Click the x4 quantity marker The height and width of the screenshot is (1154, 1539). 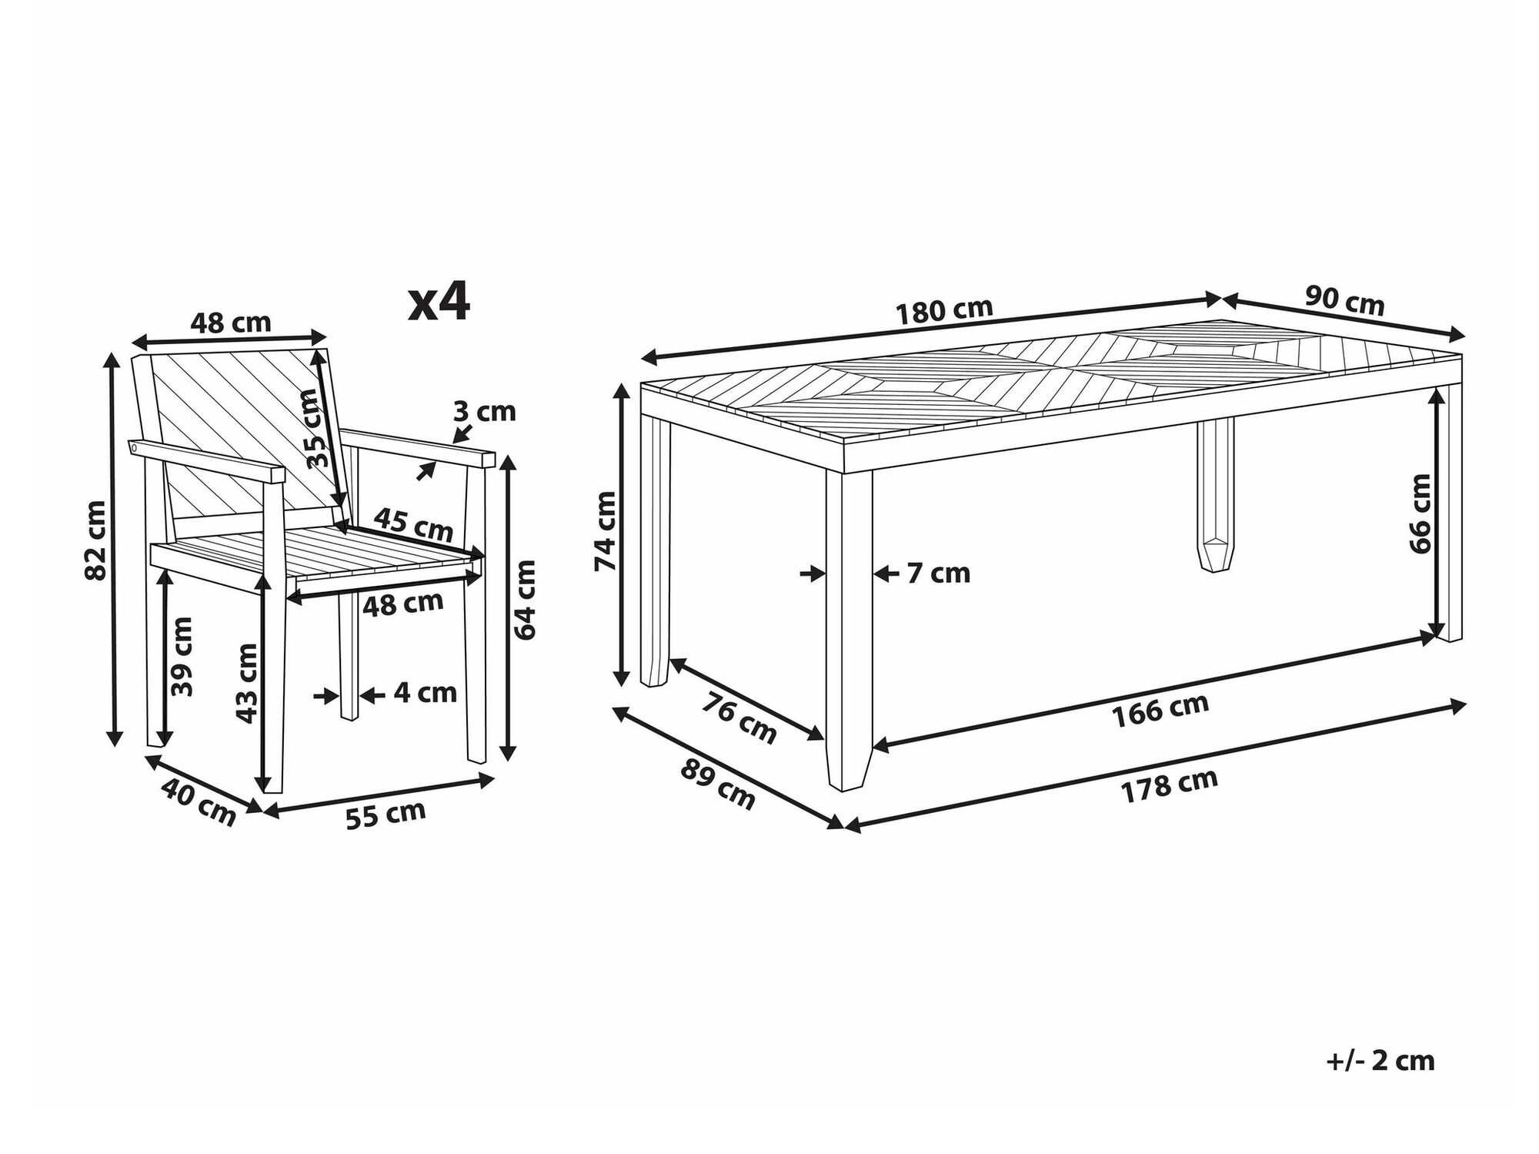coord(439,303)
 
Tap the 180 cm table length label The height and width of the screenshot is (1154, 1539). coord(944,311)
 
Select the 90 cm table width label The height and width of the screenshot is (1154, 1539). coord(1344,301)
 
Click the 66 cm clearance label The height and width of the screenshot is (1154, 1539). coord(1420,513)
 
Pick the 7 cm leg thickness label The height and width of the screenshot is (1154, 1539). coord(938,574)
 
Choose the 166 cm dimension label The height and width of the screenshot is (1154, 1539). coord(1160,710)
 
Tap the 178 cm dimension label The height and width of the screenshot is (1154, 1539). coord(1169,787)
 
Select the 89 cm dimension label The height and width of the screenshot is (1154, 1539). coord(717,785)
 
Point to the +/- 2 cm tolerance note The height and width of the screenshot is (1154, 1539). coord(1380,1061)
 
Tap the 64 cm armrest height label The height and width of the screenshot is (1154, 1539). coord(526,600)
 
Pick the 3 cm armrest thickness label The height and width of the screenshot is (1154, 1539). coord(484,412)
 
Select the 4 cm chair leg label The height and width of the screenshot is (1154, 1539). coord(425,693)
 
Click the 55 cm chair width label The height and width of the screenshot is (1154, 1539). coord(385,814)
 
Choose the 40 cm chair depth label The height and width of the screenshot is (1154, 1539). coord(199,802)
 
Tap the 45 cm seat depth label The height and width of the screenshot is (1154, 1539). coord(413,525)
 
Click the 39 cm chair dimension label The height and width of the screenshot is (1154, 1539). coord(182,657)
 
